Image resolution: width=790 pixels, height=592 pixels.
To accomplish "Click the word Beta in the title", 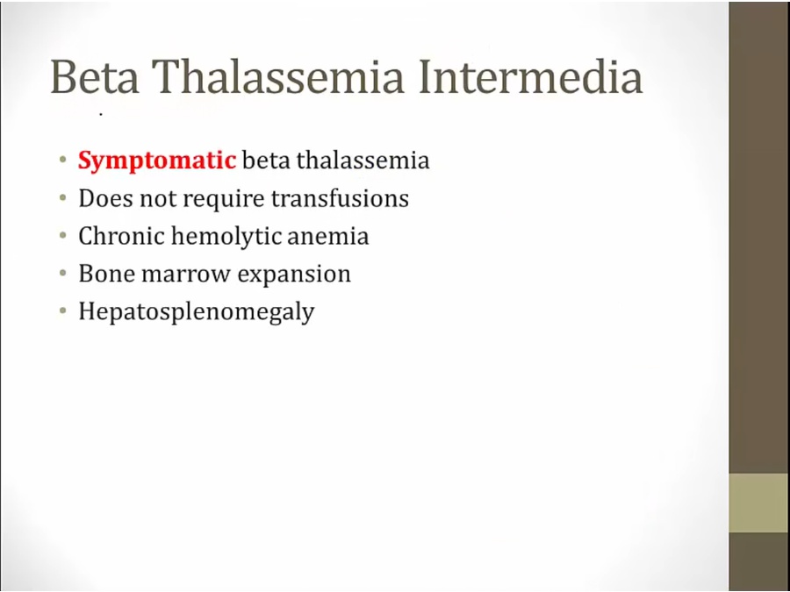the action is (x=95, y=76).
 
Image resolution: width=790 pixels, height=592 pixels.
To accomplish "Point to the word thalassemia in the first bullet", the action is (x=363, y=160).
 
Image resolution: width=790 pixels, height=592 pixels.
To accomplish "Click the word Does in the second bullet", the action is (x=105, y=198).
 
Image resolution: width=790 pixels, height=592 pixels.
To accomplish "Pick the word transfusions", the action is (x=340, y=198).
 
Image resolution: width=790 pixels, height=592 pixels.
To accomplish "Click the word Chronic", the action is (x=121, y=236).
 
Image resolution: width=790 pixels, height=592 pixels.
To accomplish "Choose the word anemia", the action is (x=328, y=237).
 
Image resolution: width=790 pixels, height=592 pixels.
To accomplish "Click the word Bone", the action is (x=107, y=274).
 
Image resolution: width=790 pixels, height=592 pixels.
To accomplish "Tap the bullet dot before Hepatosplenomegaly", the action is (x=63, y=311).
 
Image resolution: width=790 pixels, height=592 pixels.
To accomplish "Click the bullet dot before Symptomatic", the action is (x=63, y=160).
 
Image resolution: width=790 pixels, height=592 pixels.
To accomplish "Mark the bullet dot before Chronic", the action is (x=63, y=236).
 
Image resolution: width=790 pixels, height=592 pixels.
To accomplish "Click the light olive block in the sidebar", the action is (x=759, y=503).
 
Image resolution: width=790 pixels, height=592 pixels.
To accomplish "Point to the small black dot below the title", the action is (x=101, y=115).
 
